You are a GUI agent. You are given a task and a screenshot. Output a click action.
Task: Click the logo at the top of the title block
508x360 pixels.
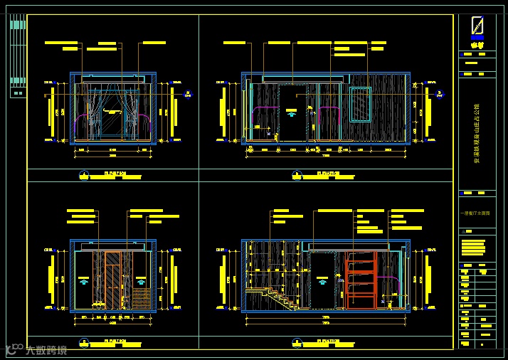point(478,28)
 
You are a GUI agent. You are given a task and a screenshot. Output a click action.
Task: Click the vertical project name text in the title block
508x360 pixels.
point(477,143)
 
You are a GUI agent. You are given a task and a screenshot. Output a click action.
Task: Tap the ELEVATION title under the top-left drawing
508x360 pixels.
point(115,172)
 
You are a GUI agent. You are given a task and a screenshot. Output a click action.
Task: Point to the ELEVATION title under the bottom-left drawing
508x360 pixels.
point(115,342)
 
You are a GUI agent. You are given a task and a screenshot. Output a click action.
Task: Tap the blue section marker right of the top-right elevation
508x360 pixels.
point(439,93)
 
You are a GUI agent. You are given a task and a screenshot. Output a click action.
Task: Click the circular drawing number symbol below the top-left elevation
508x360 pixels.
point(83,173)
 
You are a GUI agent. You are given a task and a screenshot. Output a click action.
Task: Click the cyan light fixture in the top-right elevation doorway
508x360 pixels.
point(292,112)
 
